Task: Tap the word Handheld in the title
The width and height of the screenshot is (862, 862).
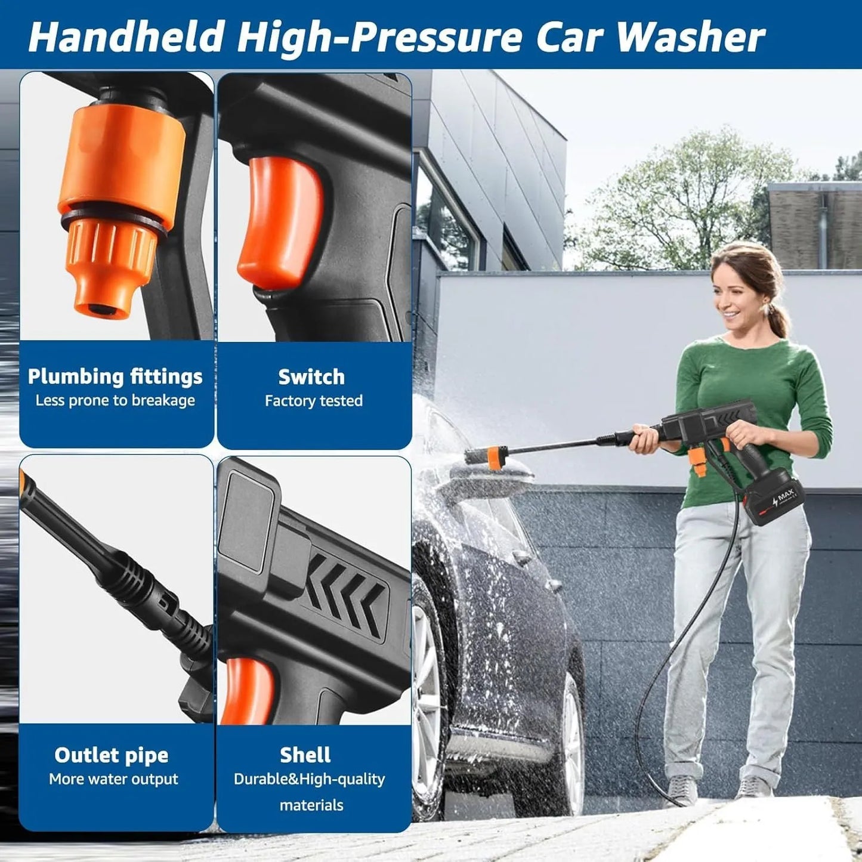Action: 126,37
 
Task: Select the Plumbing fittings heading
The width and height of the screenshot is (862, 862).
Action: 115,377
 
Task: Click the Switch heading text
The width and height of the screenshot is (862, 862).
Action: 311,377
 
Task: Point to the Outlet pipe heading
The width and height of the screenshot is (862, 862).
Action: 112,755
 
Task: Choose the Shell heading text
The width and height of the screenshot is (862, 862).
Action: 305,755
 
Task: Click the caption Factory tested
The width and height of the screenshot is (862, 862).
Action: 314,401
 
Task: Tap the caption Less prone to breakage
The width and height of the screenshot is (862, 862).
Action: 115,400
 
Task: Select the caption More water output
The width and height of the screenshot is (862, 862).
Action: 113,779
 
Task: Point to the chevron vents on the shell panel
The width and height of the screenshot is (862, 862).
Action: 346,591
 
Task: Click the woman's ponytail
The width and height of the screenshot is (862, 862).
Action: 778,319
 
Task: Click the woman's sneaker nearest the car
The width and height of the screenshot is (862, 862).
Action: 681,790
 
